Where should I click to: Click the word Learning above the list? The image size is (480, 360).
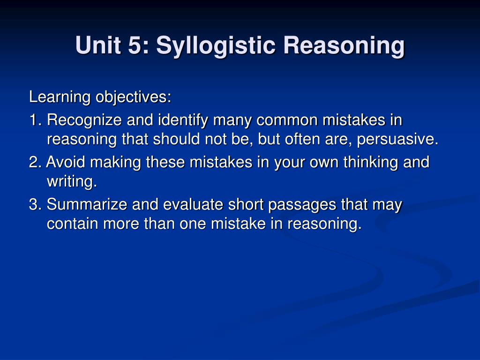(x=60, y=97)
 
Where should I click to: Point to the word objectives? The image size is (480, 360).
(x=133, y=97)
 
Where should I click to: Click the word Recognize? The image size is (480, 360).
(x=84, y=120)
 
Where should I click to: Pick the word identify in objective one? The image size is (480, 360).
(x=183, y=120)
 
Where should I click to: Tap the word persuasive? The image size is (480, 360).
(x=397, y=140)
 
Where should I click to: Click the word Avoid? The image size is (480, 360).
(x=66, y=162)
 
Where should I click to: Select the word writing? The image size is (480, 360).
(x=72, y=182)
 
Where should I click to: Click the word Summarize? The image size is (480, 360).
(x=87, y=204)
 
